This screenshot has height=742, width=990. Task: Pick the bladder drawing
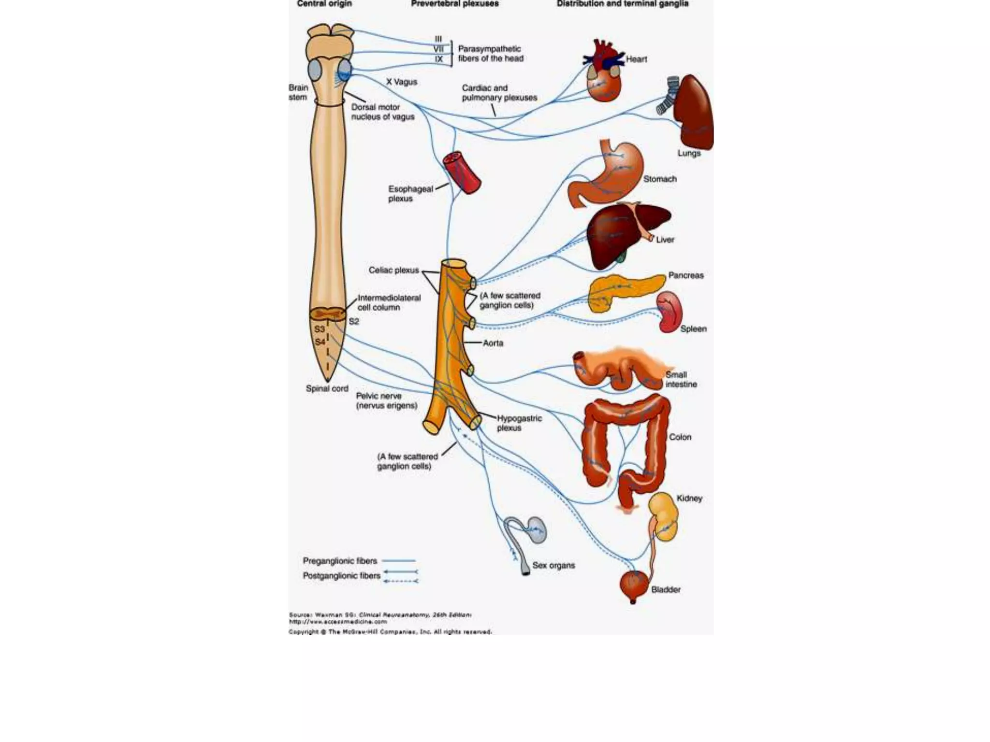(x=634, y=585)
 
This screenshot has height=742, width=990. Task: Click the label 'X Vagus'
(x=401, y=82)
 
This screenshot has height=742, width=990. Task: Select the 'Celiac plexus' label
(x=393, y=271)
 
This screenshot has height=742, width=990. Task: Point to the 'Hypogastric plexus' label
(x=519, y=423)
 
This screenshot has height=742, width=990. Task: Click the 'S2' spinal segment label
(x=354, y=322)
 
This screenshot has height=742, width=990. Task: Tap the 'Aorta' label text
(x=493, y=343)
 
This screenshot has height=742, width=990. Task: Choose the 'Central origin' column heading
(x=324, y=4)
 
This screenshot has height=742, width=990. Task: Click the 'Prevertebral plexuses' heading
(x=454, y=4)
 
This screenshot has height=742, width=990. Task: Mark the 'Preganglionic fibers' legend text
(x=340, y=561)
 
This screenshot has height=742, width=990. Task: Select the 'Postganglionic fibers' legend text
(x=341, y=576)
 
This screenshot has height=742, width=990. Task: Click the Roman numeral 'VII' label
(x=438, y=49)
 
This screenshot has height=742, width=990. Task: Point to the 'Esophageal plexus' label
(x=410, y=194)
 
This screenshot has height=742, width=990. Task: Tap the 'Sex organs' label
(x=553, y=565)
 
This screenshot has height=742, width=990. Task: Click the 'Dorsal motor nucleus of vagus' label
(x=382, y=112)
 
